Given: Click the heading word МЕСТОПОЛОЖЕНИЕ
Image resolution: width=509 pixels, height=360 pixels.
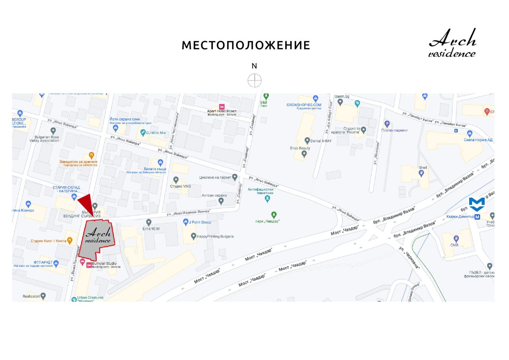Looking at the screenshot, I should pos(246,45).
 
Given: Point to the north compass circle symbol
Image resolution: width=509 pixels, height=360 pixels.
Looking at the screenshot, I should pos(254,80).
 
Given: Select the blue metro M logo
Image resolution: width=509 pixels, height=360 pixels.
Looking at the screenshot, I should pos(477,204).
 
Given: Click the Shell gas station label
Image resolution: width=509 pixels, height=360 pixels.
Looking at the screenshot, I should pos(423,167).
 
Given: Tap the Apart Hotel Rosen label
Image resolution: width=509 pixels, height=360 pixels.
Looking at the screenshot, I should pos(222,111).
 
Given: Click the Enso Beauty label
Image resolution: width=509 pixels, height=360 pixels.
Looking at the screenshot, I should pos(300,148).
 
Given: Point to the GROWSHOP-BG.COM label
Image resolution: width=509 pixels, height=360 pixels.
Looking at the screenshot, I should pos(304,105).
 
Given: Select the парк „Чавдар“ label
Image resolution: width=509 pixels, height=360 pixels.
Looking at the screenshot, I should pos(268,221).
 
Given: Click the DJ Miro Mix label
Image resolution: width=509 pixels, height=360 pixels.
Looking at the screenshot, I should pos(155,132).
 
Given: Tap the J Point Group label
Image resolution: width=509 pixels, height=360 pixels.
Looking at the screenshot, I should pos(200,222).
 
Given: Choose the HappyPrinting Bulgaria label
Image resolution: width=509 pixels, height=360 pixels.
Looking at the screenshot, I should pos(215,236).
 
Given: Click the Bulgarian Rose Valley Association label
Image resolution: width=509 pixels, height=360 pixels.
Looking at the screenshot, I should pos(44,139).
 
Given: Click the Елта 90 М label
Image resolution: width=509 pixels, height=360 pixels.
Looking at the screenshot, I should pos(151,228).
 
